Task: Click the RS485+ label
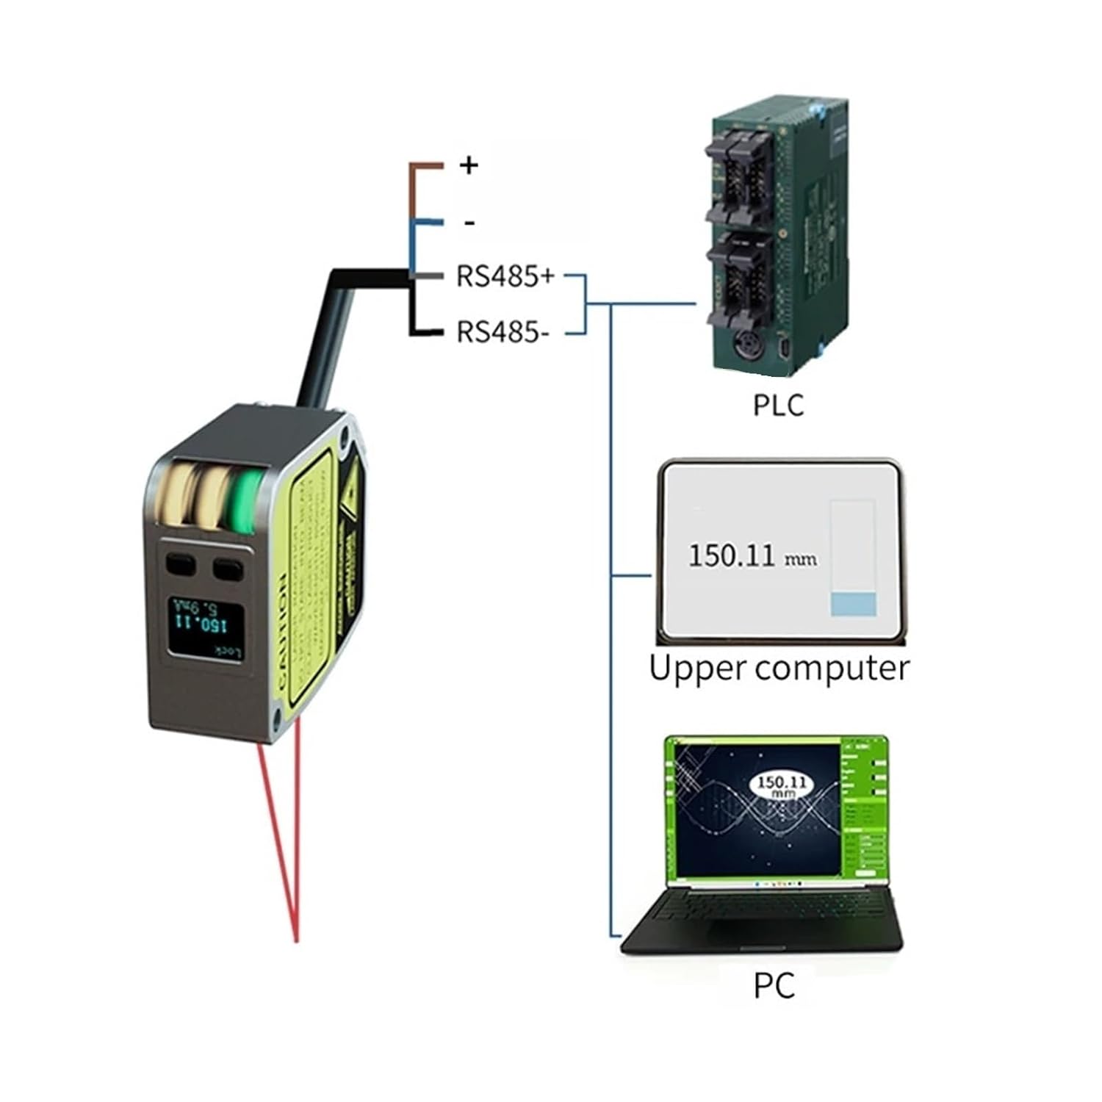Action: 505,277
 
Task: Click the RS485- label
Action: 503,332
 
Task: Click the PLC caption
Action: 778,405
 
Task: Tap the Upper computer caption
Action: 779,668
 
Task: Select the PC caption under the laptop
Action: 774,986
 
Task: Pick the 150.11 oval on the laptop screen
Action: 781,785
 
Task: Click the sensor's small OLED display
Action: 206,626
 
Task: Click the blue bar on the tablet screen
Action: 853,604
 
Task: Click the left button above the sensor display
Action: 181,564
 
